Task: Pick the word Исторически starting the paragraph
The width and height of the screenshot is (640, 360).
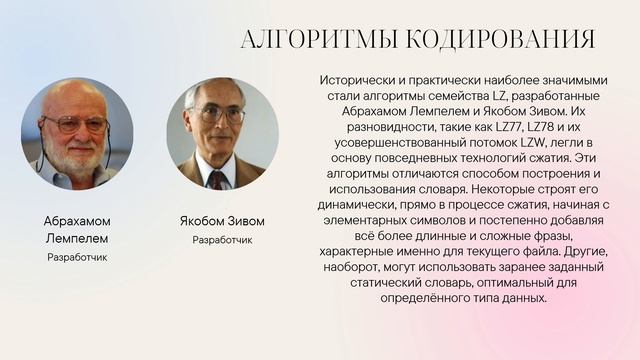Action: tap(356, 78)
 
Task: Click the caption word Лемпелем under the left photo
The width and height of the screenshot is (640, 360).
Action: tap(77, 239)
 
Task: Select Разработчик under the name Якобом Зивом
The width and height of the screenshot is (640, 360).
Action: tap(222, 240)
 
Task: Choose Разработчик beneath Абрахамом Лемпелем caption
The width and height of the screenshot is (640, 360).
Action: tap(77, 257)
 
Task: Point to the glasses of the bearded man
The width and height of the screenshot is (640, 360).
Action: tap(74, 124)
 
